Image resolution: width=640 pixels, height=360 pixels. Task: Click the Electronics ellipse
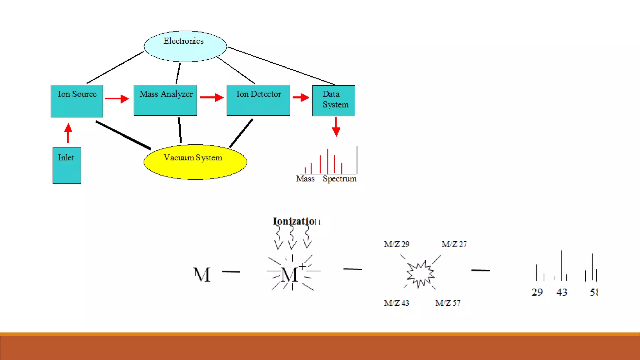click(x=185, y=46)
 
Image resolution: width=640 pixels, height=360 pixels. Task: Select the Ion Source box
click(x=77, y=101)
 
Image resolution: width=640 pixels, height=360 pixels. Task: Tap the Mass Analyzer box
click(x=165, y=100)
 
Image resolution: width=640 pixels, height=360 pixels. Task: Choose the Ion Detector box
click(x=258, y=100)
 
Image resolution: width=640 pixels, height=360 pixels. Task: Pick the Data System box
click(x=333, y=101)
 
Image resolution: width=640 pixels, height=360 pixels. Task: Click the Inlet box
click(x=67, y=165)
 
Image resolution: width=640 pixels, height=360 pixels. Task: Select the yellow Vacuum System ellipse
click(x=195, y=162)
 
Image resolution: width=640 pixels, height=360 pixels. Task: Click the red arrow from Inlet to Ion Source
click(x=68, y=133)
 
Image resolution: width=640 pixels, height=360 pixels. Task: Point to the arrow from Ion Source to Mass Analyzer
click(x=117, y=99)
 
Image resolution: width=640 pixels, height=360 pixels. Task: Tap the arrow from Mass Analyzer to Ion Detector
click(x=212, y=97)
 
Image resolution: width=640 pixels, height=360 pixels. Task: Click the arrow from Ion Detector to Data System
click(x=301, y=97)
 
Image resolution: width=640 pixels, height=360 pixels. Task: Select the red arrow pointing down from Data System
click(x=336, y=127)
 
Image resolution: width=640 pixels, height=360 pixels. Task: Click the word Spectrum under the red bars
click(x=339, y=179)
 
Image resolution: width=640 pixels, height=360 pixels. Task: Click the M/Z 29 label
click(x=397, y=244)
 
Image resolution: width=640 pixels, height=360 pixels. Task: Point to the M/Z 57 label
click(x=447, y=303)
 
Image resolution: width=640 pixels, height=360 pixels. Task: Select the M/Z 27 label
click(x=454, y=244)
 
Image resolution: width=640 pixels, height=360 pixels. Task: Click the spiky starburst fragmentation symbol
click(x=420, y=274)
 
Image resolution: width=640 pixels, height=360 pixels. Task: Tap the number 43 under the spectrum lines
click(x=562, y=292)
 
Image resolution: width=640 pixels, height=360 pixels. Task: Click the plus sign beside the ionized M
click(x=302, y=267)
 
